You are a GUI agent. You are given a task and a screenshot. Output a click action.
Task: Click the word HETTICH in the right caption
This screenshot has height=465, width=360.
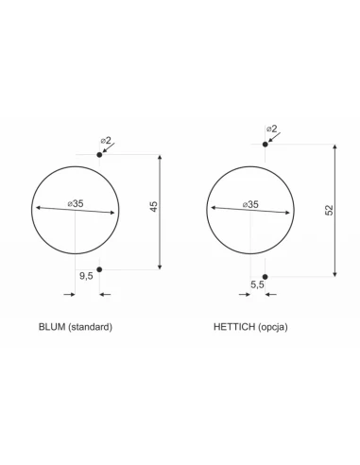[x=234, y=327]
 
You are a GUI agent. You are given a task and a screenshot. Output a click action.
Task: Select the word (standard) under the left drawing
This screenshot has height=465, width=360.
[x=90, y=327]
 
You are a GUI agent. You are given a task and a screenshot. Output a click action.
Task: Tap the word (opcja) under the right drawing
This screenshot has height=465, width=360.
[x=273, y=327]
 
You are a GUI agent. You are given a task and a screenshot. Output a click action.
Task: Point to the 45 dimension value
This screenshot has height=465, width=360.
[x=153, y=206]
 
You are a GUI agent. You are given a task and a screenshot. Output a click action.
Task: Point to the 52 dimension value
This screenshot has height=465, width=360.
[x=329, y=210]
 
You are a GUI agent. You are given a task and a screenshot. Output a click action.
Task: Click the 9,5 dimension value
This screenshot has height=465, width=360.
[x=86, y=276]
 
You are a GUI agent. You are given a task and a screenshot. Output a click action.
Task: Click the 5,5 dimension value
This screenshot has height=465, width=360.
[x=257, y=284]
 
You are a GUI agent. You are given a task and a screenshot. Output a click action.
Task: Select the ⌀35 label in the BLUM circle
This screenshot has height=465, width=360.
[x=76, y=203]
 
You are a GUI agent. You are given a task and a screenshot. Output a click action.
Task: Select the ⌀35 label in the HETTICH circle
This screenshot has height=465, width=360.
[x=250, y=204]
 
